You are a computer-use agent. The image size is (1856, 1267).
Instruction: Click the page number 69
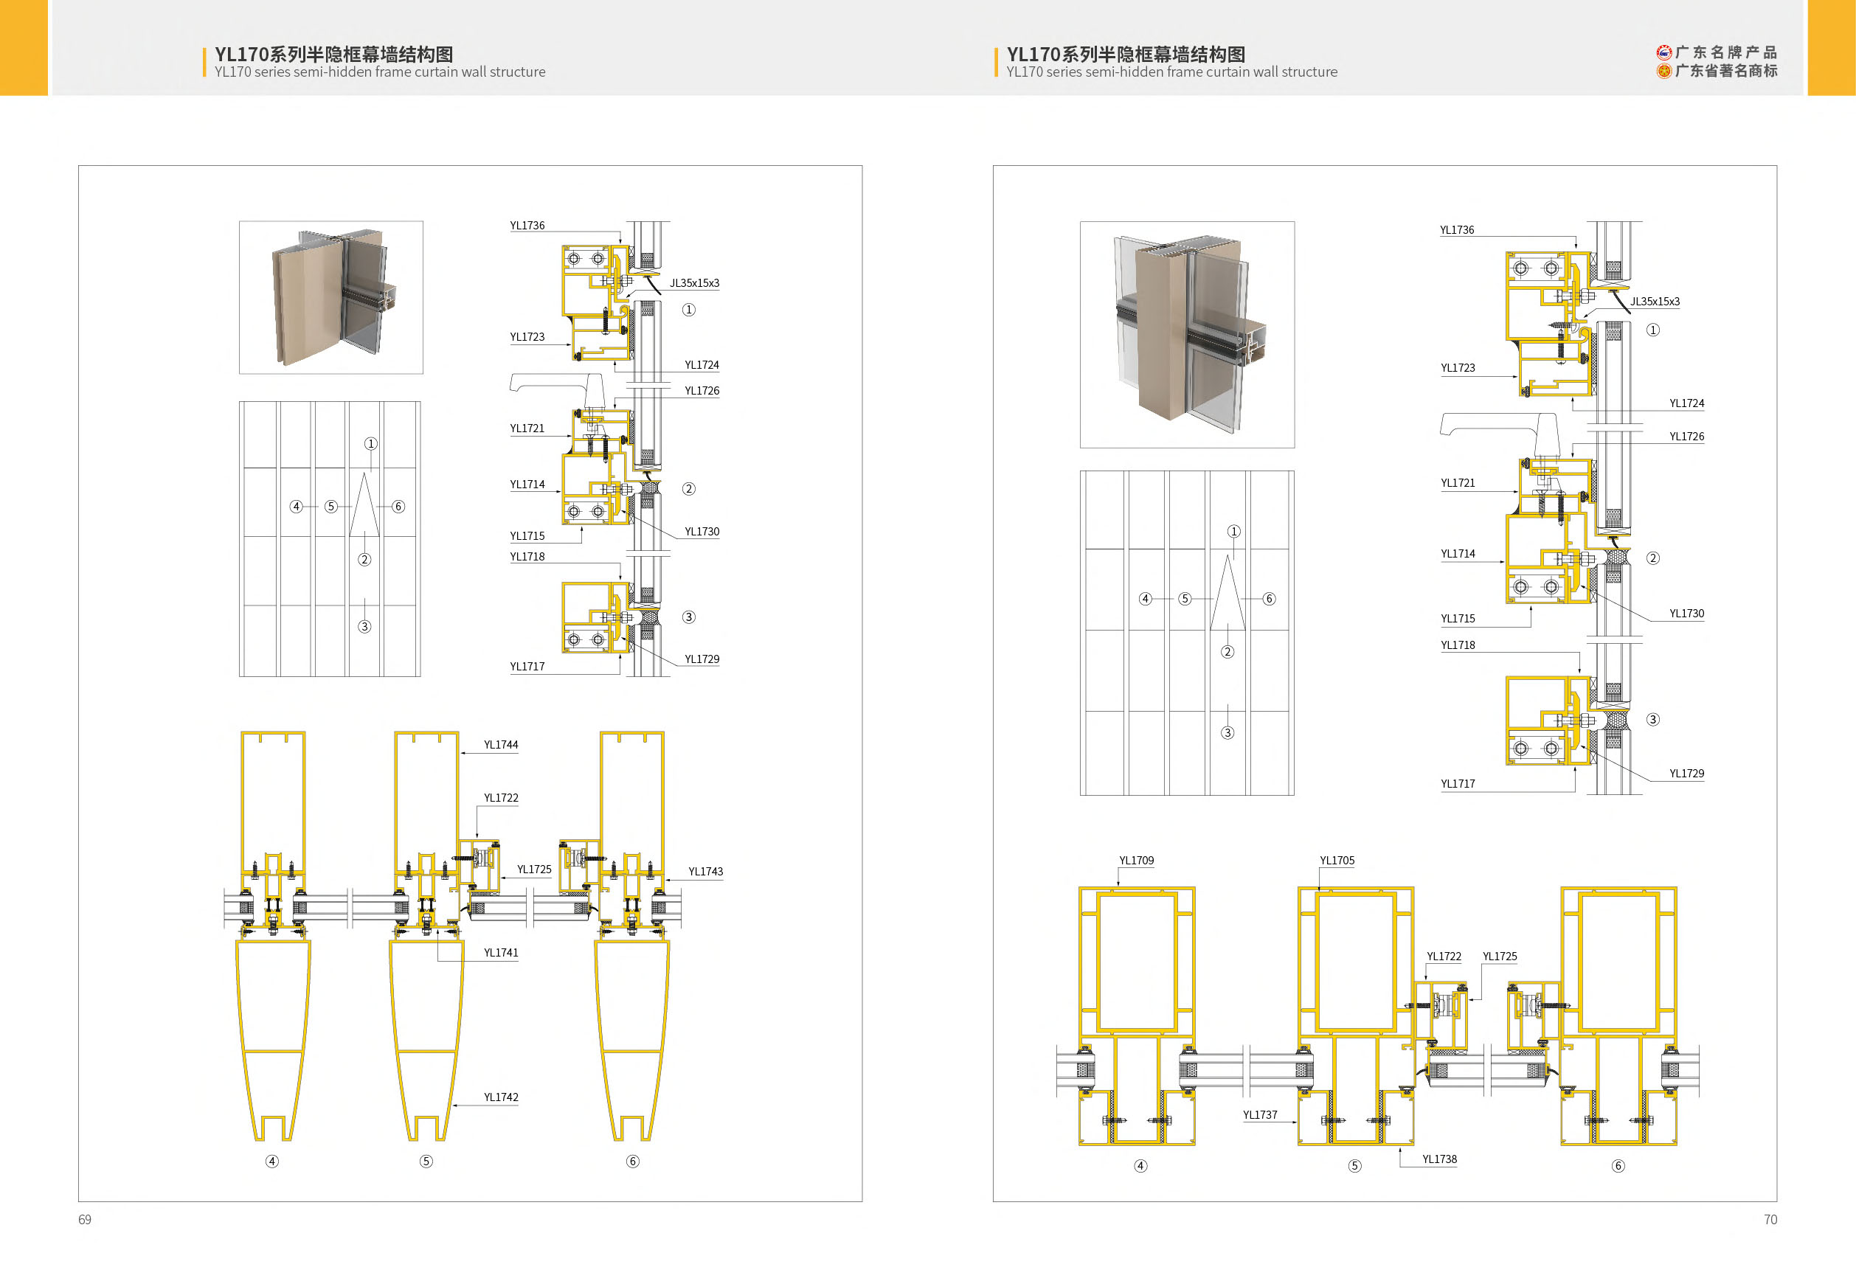[85, 1219]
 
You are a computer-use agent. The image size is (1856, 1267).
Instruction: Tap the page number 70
[1770, 1219]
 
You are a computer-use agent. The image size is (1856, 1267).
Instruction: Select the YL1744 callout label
[501, 745]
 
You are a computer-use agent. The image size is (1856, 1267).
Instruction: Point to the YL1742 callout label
[501, 1097]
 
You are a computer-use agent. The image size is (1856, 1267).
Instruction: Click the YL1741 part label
[501, 952]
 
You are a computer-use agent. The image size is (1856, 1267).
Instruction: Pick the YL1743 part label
[705, 871]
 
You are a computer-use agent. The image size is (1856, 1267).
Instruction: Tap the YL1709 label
[1135, 860]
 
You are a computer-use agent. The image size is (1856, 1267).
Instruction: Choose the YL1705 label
[1337, 860]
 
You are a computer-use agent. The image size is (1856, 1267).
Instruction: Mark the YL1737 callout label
[1259, 1114]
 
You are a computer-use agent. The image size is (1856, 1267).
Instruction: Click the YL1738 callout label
[1439, 1159]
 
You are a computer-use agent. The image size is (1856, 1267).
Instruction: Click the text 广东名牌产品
[1725, 52]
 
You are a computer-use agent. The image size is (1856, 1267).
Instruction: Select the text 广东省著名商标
[1725, 71]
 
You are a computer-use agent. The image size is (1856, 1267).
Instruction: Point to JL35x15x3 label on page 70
[1654, 301]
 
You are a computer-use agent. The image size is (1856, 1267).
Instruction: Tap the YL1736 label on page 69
[527, 225]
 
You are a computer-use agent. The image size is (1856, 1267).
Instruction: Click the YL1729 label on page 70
[1686, 773]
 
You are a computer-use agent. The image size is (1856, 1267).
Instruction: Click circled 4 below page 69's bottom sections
[272, 1161]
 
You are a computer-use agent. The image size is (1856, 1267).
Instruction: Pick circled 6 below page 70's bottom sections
[1618, 1166]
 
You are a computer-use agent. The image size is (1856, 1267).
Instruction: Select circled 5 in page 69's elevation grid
[330, 506]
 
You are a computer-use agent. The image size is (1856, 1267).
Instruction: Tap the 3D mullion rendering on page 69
[331, 297]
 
